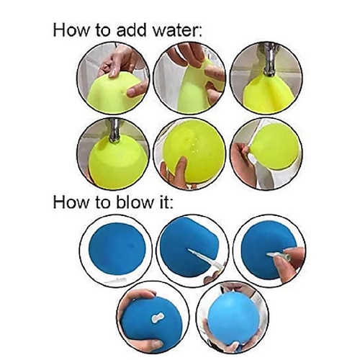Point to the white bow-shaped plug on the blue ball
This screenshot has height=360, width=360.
pos(158,318)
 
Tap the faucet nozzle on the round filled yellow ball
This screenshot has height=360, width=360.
pos(114,132)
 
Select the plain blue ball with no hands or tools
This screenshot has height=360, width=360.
pos(117,249)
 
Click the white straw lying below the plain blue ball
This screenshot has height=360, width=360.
pos(117,279)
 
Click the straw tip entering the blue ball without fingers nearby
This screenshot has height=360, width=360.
pos(189,251)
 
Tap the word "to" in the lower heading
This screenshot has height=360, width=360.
pos(104,203)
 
